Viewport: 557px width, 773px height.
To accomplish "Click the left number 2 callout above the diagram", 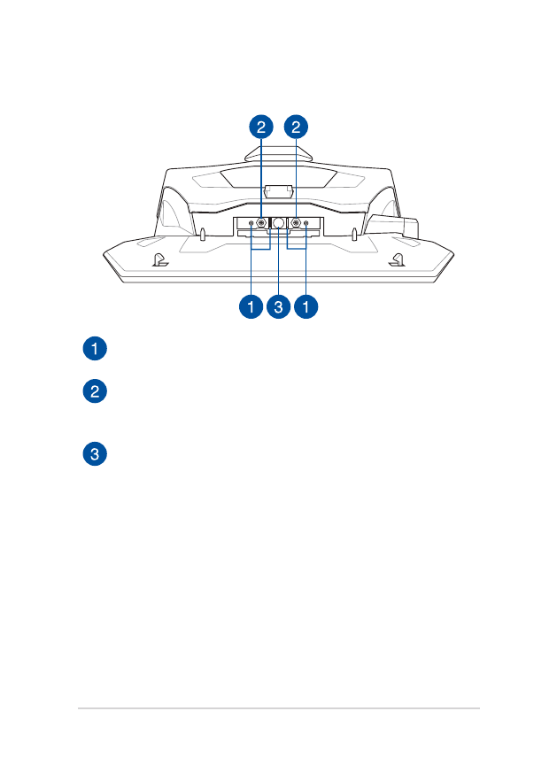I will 260,128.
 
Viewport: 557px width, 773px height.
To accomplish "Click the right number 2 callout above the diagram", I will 298,128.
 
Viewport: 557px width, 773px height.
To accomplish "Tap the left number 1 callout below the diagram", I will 251,307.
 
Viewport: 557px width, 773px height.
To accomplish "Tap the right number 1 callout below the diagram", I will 306,307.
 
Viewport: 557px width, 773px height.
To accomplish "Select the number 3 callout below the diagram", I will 279,307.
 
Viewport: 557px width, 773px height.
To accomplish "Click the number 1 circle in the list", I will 95,348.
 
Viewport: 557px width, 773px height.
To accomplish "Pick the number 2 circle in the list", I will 95,392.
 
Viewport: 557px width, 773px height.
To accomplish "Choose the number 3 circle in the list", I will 95,455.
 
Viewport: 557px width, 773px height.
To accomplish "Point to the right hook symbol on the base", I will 398,260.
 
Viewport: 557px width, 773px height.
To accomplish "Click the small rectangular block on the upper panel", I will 278,189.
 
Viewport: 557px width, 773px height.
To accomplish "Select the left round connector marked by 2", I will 261,224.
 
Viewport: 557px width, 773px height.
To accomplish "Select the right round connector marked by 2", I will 296,224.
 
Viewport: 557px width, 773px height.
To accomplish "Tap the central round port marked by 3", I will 278,224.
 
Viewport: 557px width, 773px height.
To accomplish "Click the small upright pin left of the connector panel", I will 203,235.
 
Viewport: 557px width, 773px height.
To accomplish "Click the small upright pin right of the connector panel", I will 354,235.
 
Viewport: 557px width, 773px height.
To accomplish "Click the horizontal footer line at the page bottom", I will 278,708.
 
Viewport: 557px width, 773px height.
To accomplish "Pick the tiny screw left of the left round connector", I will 251,224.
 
